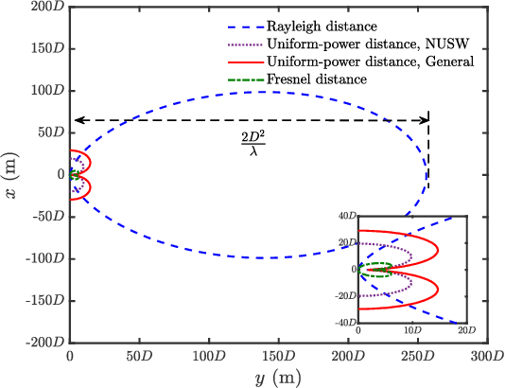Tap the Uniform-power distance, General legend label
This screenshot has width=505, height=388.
coord(356,62)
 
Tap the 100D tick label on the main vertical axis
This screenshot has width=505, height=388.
coord(46,91)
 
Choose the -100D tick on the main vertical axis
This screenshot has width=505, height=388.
coord(43,258)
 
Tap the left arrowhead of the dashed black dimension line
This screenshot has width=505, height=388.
coord(76,120)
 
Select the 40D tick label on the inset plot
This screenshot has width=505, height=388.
coord(346,217)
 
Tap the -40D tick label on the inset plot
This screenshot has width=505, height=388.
coord(344,323)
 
